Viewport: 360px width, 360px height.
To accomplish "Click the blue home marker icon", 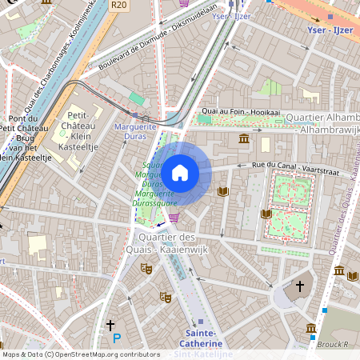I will [180, 171].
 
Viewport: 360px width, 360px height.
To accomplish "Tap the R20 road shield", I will [119, 5].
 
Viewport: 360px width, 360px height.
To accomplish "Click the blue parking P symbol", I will [117, 339].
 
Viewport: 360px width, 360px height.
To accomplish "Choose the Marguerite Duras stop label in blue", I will [136, 132].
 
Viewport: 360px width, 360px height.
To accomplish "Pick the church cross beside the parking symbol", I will [111, 325].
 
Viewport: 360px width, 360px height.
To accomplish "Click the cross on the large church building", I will [300, 286].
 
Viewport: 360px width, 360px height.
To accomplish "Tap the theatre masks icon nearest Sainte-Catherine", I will [165, 297].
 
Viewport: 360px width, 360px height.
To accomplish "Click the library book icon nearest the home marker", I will [223, 191].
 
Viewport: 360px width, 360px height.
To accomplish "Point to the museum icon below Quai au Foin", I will [244, 139].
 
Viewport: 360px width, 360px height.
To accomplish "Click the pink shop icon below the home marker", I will [174, 217].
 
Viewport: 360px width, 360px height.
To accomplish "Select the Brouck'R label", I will [334, 344].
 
